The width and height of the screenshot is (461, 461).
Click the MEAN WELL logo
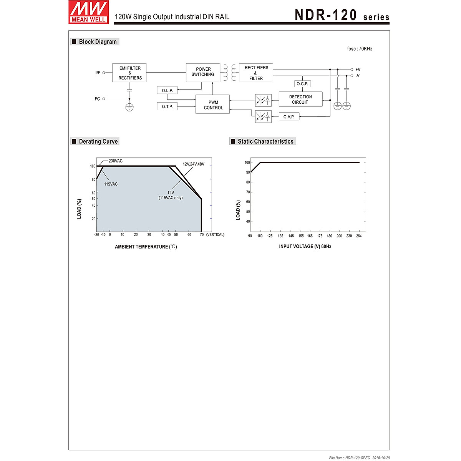89,12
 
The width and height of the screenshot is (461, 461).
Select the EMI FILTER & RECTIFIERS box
129,73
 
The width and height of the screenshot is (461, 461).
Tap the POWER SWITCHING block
203,72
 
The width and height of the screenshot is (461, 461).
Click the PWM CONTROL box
213,105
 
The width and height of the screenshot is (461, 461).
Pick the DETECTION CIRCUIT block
300,99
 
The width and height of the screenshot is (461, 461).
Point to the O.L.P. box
167,90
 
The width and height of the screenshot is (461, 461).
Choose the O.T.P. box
167,106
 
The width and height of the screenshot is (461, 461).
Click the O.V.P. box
289,117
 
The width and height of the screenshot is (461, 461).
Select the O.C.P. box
302,84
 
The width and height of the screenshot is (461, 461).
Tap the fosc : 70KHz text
360,49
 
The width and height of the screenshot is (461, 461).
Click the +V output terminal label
358,70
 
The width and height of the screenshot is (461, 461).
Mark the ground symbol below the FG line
129,107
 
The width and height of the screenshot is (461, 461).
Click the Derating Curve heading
98,141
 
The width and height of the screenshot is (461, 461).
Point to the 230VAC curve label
115,161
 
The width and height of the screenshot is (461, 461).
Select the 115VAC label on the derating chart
111,184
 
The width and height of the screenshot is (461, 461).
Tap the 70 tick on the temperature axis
202,234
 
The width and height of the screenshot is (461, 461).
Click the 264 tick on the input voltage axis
359,236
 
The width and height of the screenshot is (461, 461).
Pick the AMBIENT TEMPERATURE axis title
146,247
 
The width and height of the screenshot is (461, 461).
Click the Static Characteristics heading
265,141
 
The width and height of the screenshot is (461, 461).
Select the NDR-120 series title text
342,15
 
